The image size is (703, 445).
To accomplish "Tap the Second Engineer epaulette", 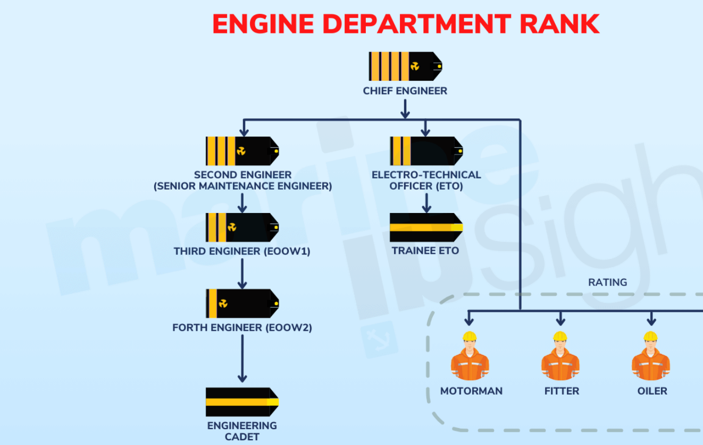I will (242, 151).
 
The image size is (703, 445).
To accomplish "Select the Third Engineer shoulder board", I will (242, 227).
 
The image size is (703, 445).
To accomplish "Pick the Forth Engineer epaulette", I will (242, 303).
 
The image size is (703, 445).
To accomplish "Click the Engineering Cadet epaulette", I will (242, 402).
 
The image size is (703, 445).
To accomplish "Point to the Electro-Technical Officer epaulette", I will (426, 151).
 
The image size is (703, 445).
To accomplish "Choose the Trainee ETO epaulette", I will (426, 227).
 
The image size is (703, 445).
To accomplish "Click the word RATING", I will (607, 283).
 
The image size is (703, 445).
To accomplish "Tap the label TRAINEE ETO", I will (425, 251).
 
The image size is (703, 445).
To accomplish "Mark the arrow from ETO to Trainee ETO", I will (426, 202).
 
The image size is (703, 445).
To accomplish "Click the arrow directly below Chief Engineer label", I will (405, 108).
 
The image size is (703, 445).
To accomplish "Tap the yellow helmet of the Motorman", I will (470, 337).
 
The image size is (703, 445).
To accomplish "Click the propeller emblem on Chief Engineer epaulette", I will (415, 66).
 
